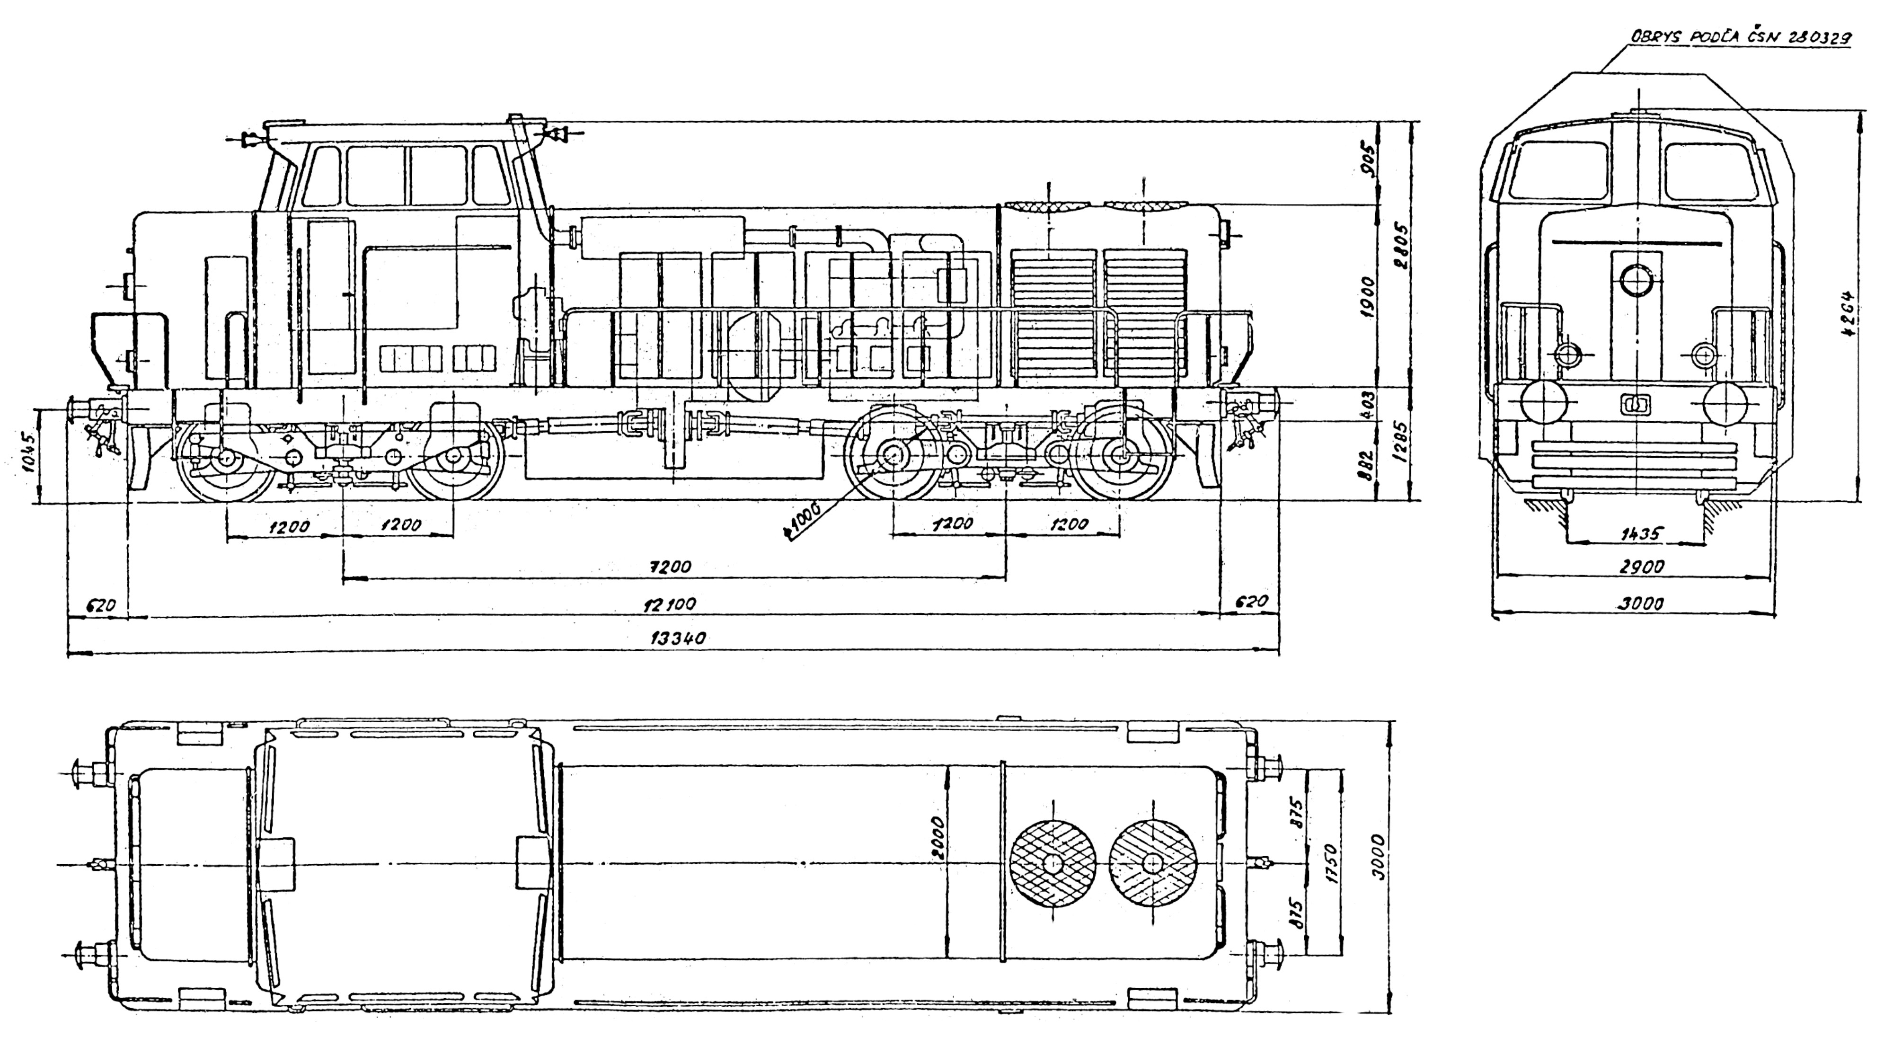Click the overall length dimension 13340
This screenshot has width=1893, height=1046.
pos(678,638)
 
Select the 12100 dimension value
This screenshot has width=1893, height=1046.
pos(669,604)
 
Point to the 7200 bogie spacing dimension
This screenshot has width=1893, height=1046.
pos(670,567)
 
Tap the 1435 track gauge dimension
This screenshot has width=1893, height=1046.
pos(1640,534)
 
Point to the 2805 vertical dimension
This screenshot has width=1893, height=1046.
pos(1401,246)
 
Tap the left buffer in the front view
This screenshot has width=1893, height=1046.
pos(1542,403)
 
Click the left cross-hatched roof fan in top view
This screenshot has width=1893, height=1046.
pos(1053,862)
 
